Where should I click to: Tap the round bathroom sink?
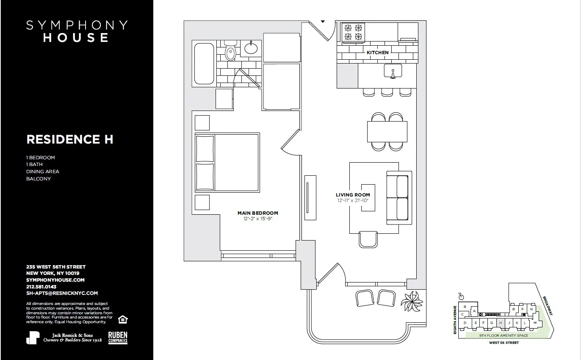coord(251,48)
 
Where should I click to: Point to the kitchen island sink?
coord(393,71)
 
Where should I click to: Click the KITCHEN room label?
coord(377,53)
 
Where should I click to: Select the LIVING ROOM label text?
coord(353,195)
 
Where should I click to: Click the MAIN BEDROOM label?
coord(257,213)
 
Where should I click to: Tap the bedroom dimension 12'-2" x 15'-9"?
coord(257,219)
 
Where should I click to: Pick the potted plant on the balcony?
coord(412,302)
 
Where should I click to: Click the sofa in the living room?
coord(399,198)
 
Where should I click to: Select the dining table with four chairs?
coord(387,131)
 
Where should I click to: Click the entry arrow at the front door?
coord(323,21)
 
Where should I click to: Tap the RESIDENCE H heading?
coord(70,139)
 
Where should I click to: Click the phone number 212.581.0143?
coord(41,287)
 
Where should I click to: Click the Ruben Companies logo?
coord(118,338)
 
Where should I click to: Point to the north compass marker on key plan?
coord(461,296)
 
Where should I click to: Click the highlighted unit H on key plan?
coord(500,323)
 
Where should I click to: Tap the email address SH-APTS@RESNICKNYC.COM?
coord(62,293)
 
